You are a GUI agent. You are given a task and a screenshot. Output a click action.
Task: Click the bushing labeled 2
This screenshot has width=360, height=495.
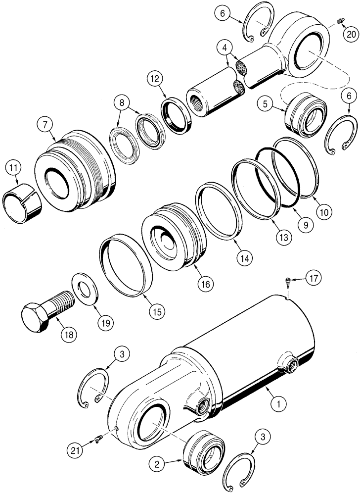coord(202,446)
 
